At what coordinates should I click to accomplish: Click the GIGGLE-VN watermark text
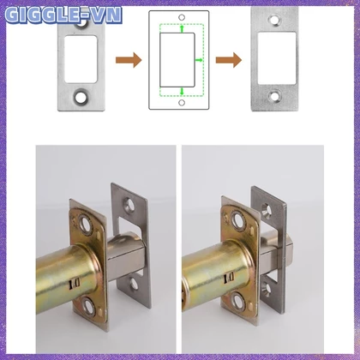coord(63,15)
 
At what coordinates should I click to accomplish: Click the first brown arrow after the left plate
coord(129,60)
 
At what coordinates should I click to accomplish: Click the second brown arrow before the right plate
coord(229,60)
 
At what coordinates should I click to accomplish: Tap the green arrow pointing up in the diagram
coord(182,28)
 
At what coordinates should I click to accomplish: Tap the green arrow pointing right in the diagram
coord(199,60)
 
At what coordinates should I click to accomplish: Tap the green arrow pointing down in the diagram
coord(182,92)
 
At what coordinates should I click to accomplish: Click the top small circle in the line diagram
coord(182,17)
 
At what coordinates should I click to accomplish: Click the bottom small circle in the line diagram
coord(182,103)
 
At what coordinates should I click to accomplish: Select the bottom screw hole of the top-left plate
coord(81,97)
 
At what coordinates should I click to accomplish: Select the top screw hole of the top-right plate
coord(275,21)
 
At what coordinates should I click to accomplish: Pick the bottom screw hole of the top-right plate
coord(275,96)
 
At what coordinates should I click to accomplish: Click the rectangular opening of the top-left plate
coord(81,59)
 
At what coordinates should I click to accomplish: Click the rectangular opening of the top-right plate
coord(277,58)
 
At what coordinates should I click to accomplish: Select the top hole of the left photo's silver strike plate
coord(129,205)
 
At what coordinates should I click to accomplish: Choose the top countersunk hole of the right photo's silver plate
coord(267,211)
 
